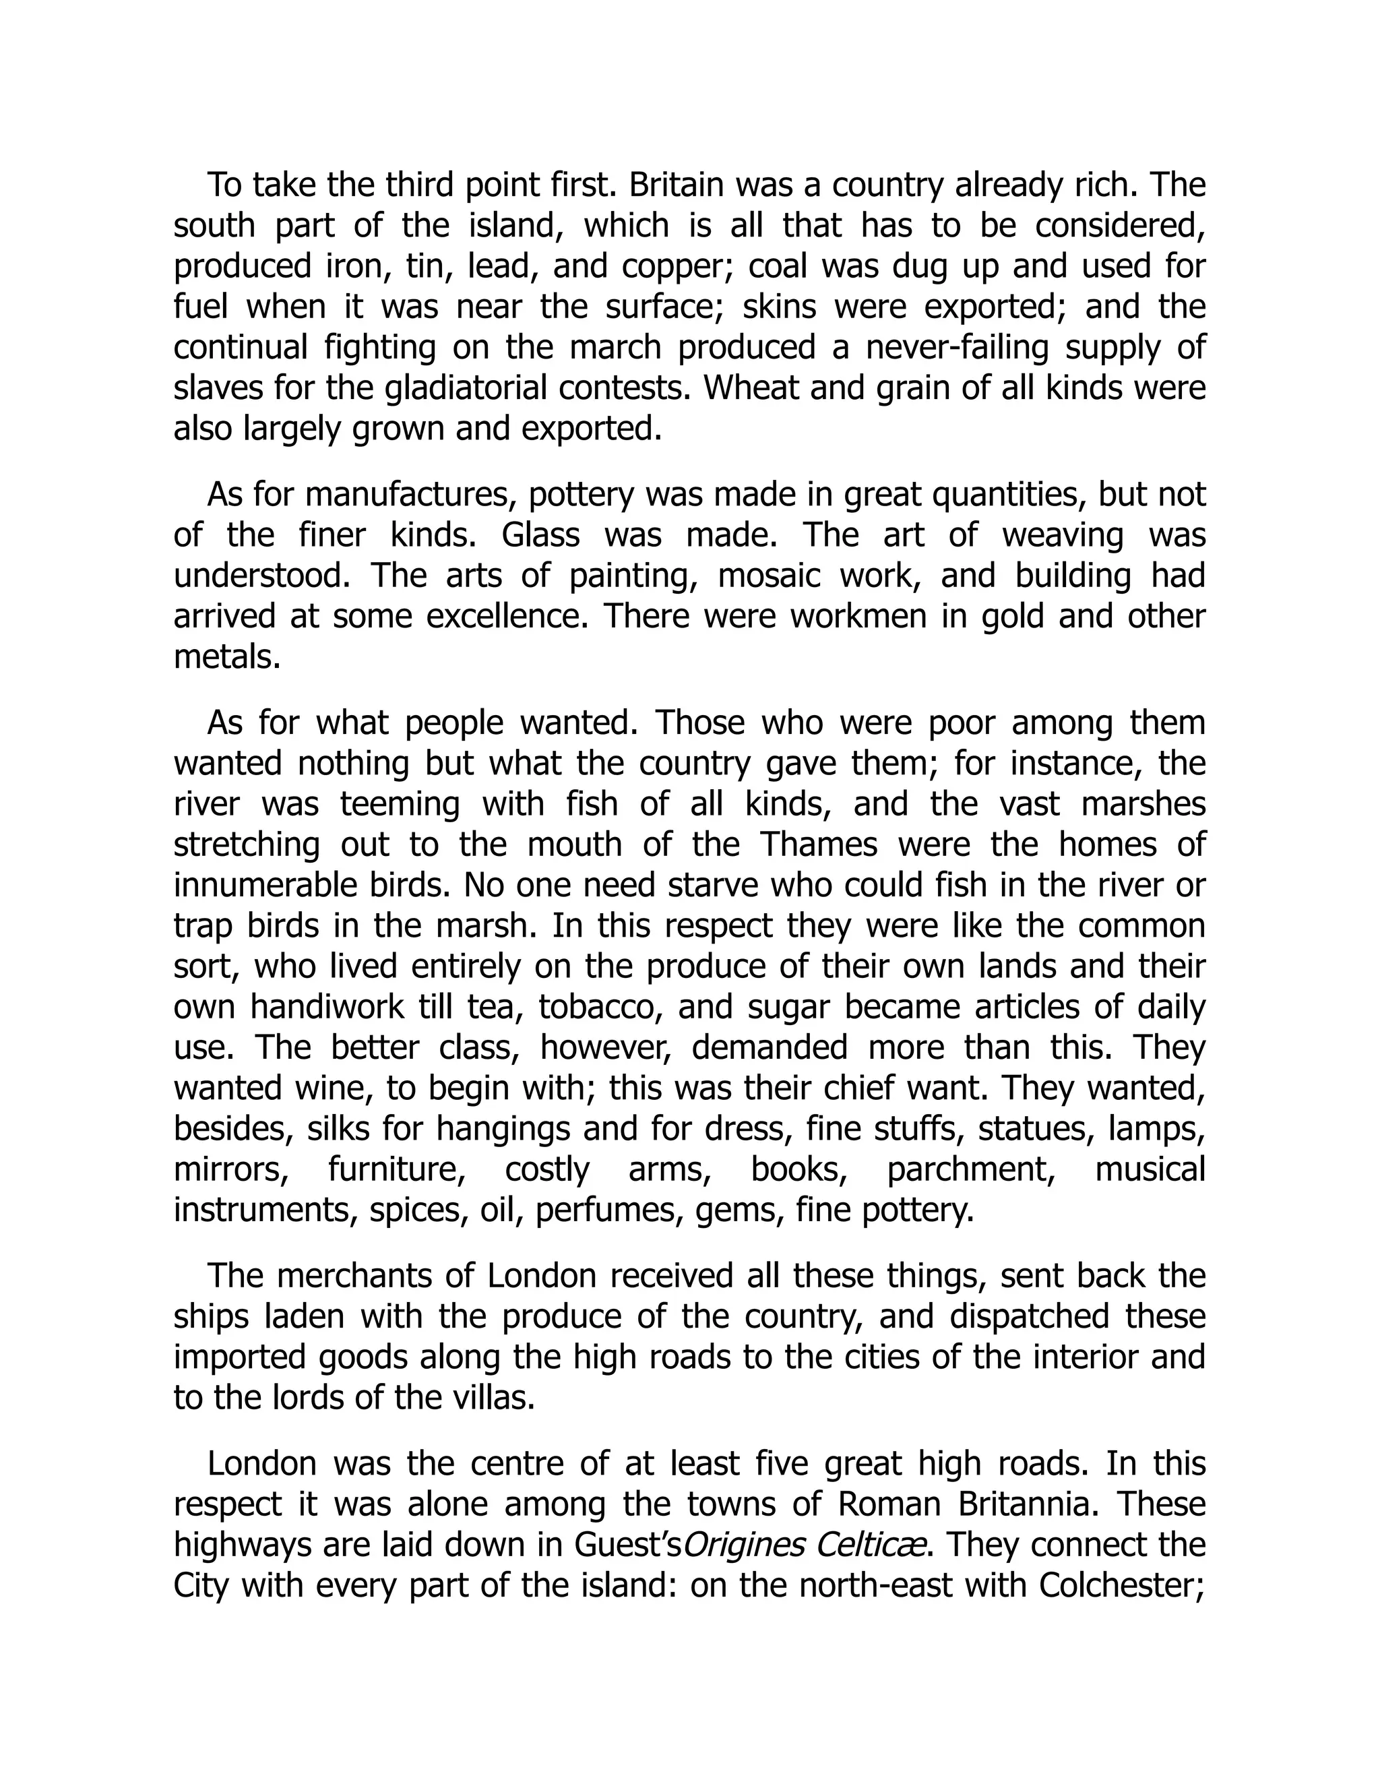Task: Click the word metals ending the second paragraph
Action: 226,658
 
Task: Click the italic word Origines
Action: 739,1545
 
